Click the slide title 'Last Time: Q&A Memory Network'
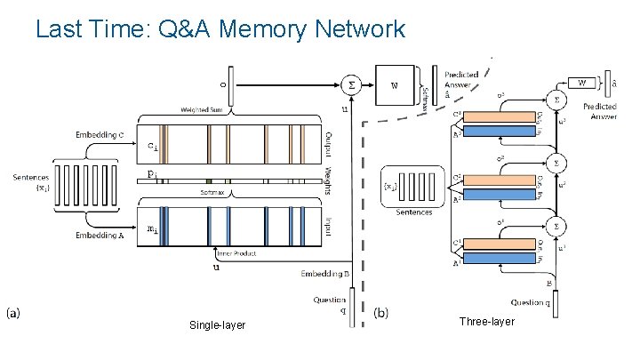pos(220,29)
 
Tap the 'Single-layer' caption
pos(217,326)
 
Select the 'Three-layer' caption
pos(486,321)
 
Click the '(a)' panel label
pos(15,313)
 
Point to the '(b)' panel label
pos(380,313)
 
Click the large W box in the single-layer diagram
pos(396,86)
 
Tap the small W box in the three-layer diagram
pos(582,83)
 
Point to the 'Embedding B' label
pos(324,273)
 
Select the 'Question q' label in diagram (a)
pos(330,305)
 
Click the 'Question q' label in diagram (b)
pos(532,304)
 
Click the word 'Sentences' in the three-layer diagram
pos(414,212)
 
